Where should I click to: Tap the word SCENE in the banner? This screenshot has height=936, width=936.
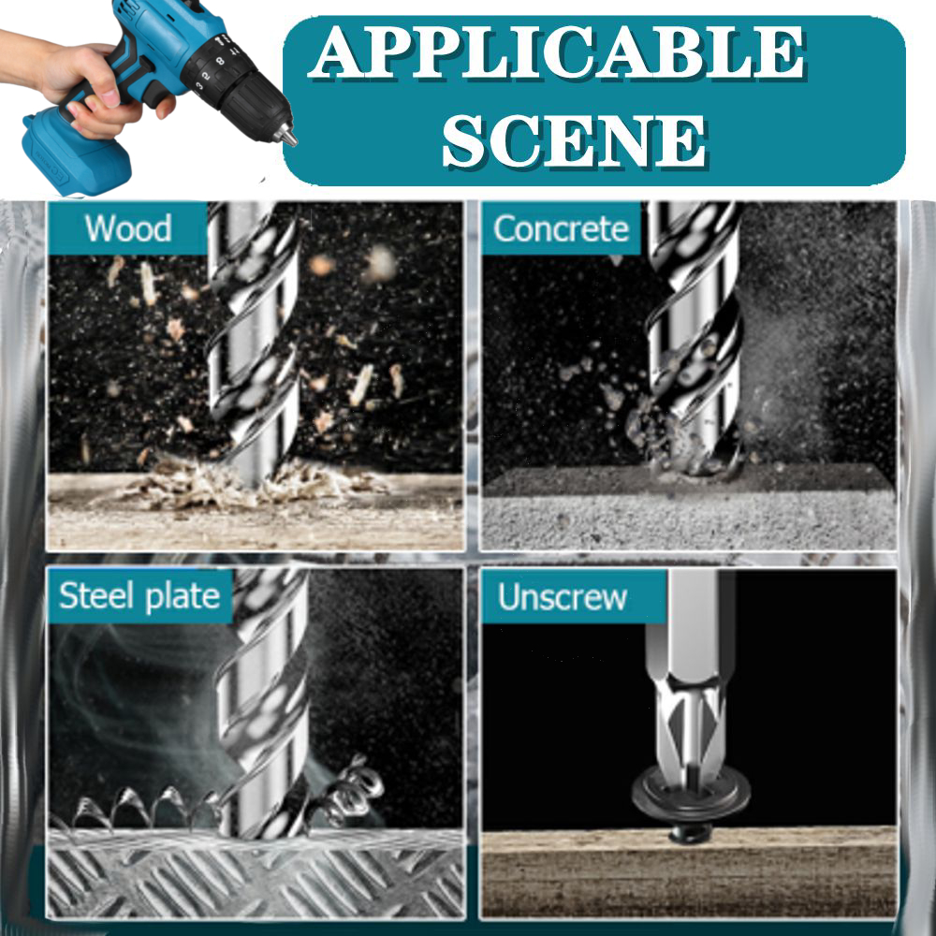(575, 141)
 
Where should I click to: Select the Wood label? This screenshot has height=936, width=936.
(127, 228)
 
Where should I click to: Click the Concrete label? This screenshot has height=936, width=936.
(561, 228)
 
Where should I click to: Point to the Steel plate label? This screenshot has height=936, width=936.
(139, 596)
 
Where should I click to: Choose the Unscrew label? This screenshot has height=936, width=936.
(563, 597)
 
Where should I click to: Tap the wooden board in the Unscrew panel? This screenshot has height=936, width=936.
(689, 872)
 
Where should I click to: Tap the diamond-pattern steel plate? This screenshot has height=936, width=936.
(256, 873)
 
